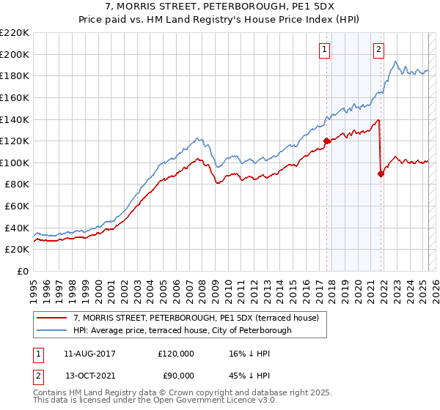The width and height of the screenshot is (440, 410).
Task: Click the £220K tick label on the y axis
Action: coord(15,33)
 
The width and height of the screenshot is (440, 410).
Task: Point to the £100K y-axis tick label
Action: coord(15,163)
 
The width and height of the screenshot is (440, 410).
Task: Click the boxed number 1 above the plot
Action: coord(324,50)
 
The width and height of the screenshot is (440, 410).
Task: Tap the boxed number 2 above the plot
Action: coord(378,50)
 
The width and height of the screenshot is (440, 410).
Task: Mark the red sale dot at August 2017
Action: coord(326,141)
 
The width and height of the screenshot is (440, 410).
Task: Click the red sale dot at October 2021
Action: coord(381,174)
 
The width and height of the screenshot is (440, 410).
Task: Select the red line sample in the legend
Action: coord(51,318)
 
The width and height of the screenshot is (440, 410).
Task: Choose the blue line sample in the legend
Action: coord(51,330)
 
